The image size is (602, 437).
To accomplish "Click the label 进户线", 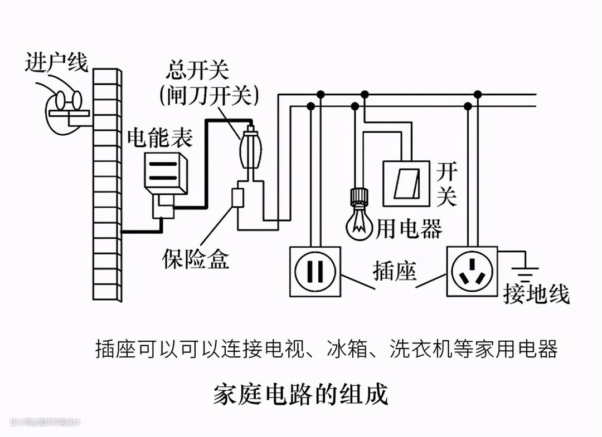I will [x=56, y=63].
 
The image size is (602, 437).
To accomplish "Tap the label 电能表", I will [x=161, y=138].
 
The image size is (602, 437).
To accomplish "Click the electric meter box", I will [x=166, y=173].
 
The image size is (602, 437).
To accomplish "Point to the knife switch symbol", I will [x=249, y=149].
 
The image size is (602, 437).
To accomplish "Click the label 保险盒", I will [x=196, y=259].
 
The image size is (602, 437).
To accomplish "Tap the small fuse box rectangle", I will [x=238, y=198].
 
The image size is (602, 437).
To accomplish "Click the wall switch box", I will [x=406, y=183].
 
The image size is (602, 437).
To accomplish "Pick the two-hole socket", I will [x=314, y=272].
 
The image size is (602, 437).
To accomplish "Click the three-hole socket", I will [x=472, y=272].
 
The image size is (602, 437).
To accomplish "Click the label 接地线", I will [x=536, y=294].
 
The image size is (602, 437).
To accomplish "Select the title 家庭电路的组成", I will [x=300, y=394].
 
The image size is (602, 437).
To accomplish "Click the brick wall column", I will [x=107, y=184].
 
